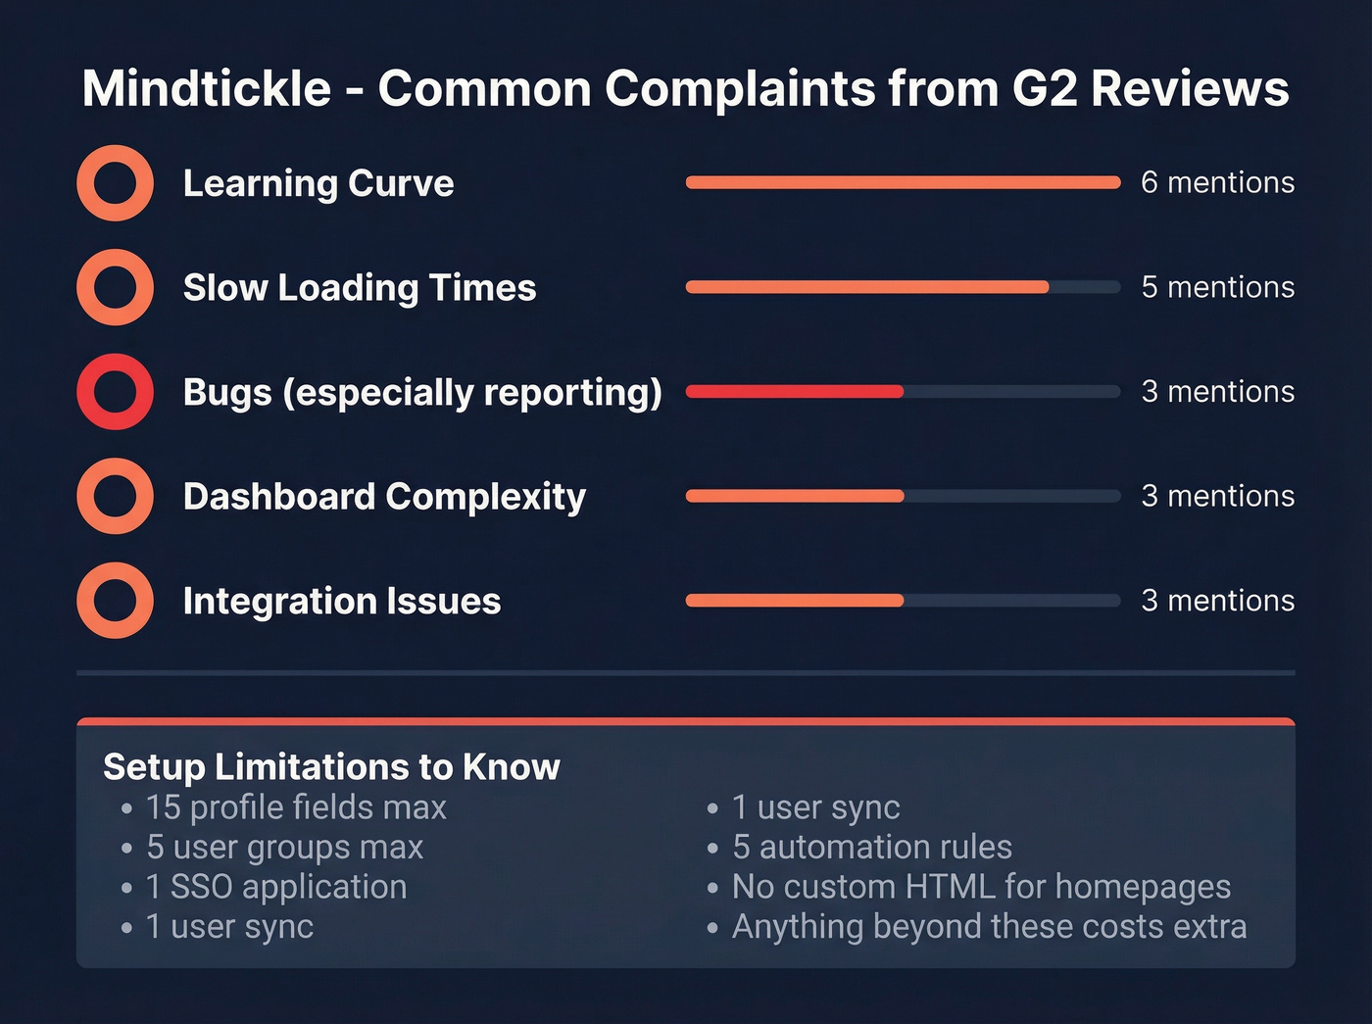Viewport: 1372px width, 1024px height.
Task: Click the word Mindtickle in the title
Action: [x=207, y=88]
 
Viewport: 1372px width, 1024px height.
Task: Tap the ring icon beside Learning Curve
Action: [x=116, y=183]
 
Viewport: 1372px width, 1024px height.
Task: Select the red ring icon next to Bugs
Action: [x=116, y=392]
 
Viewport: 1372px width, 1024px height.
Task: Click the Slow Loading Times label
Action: [x=360, y=288]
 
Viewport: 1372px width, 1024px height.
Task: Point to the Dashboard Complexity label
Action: [x=384, y=497]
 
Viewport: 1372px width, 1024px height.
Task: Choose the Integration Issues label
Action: [x=342, y=601]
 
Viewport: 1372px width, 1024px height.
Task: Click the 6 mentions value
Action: [x=1217, y=183]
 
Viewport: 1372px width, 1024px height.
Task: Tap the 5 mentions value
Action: [x=1217, y=287]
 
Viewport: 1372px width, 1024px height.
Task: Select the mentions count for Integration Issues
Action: [x=1217, y=601]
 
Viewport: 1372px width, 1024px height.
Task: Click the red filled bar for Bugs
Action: [x=795, y=392]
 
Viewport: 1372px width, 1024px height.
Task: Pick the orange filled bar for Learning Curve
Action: [x=903, y=182]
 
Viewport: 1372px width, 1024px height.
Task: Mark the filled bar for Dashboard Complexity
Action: [x=795, y=496]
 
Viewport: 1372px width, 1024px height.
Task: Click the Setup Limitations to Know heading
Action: [x=331, y=766]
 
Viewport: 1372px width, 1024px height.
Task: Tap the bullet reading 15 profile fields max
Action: [x=296, y=807]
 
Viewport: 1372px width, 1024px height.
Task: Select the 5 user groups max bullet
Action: [x=284, y=847]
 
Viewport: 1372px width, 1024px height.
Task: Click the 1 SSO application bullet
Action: [x=276, y=887]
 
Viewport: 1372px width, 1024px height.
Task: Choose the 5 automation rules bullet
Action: [x=872, y=847]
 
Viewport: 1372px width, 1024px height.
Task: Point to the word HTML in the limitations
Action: [x=951, y=887]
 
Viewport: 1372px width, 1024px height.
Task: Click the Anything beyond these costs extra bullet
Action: [x=989, y=927]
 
